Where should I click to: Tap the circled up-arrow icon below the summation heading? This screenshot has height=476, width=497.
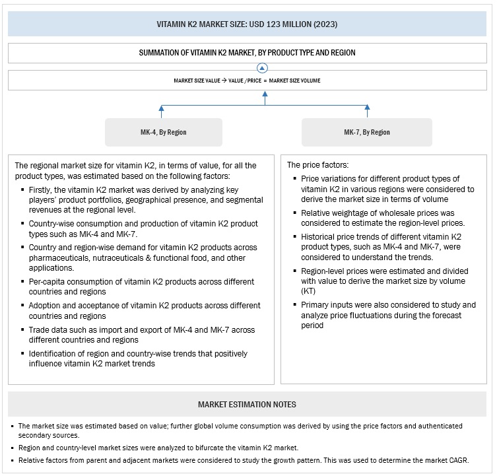263,67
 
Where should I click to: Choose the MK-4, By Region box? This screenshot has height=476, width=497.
164,132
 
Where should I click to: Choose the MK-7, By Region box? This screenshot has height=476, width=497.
367,132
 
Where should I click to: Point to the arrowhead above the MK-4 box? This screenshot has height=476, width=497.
162,108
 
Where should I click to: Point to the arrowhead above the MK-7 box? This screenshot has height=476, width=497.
368,108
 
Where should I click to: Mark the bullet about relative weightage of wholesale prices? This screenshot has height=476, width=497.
386,217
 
